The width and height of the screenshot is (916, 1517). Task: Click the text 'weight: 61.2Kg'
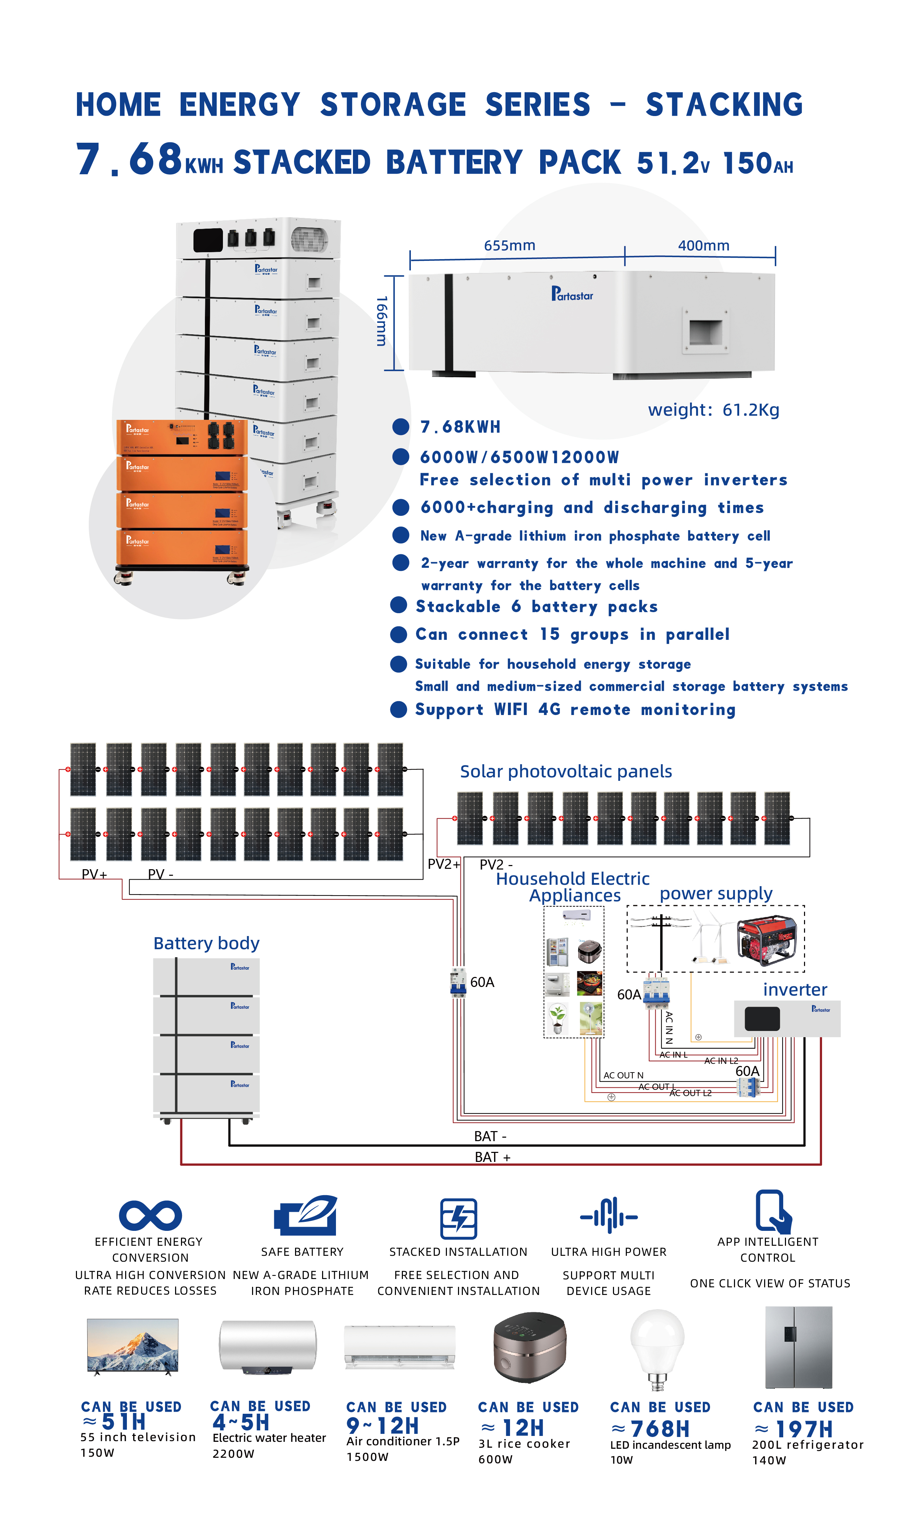[x=713, y=410]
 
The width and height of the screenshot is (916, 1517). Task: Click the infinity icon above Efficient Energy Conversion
[x=150, y=1215]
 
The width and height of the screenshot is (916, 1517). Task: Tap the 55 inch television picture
[x=132, y=1347]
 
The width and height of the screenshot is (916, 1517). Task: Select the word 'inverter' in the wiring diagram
[x=795, y=989]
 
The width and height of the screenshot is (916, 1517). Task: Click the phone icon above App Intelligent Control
[x=772, y=1211]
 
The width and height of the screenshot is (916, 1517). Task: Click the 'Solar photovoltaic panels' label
[x=565, y=771]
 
